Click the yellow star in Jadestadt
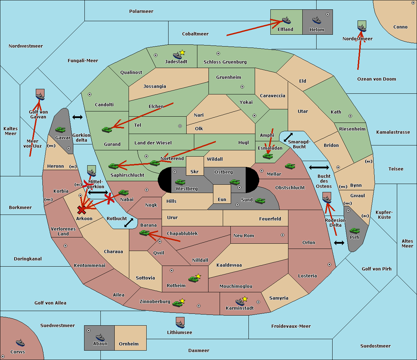pos(182,53)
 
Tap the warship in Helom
pos(317,20)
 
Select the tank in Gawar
pos(60,129)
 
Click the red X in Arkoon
pos(82,210)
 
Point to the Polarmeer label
pos(141,11)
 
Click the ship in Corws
pos(20,343)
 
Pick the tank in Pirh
pos(354,231)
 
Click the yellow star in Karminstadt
pos(245,299)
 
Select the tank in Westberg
pos(180,182)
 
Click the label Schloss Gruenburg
pos(225,62)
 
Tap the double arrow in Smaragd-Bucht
pos(288,137)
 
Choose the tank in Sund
pos(260,201)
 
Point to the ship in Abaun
pos(100,337)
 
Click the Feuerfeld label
pos(270,219)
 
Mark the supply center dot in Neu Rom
pos(283,235)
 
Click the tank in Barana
pos(145,233)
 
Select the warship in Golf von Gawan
pos(40,97)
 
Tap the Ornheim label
pos(129,344)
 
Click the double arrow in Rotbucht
pos(129,223)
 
